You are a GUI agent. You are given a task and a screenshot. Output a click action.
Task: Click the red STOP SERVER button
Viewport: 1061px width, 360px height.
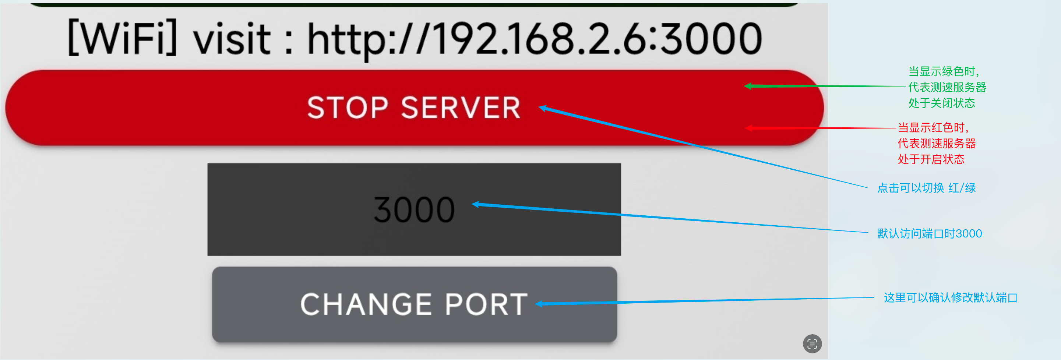[x=415, y=107]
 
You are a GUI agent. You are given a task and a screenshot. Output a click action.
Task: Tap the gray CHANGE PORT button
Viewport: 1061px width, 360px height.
[x=415, y=304]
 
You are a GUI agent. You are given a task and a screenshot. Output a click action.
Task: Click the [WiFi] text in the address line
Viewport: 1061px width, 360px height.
[x=122, y=38]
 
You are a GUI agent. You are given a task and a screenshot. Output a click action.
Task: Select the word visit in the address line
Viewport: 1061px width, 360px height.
[x=232, y=38]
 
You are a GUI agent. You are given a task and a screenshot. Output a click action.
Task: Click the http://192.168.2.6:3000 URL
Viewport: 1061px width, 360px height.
[x=535, y=39]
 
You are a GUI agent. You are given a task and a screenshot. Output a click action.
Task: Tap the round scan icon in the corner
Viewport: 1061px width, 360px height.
[x=812, y=343]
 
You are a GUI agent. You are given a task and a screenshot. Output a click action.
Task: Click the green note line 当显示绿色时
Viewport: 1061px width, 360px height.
[x=944, y=71]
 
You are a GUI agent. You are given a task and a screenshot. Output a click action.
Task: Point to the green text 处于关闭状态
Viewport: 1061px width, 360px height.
[x=942, y=103]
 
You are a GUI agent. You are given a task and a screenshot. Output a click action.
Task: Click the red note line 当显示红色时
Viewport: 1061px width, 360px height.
[x=933, y=127]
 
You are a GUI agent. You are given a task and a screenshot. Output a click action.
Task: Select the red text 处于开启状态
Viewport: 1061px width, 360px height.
[x=931, y=159]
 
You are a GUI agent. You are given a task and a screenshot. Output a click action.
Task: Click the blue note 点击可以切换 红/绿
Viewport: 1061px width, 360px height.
[x=926, y=188]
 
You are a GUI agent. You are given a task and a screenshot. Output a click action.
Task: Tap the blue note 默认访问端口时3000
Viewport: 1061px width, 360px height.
[x=929, y=233]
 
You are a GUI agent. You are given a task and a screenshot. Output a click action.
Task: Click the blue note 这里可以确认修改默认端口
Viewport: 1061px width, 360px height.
[x=950, y=297]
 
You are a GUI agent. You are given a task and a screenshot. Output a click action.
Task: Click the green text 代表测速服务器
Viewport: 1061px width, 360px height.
[x=947, y=87]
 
